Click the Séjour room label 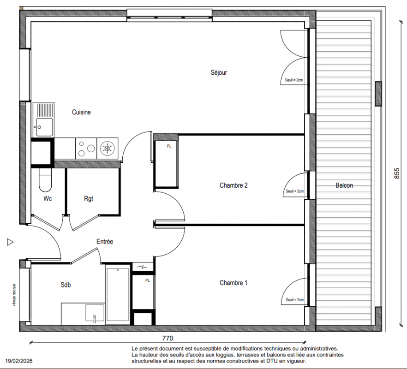[x=219, y=72]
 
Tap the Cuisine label [x=81, y=112]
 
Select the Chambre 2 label [x=233, y=185]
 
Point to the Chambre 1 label [x=233, y=283]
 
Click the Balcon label [x=344, y=185]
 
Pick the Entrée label [x=105, y=242]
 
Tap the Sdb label [x=66, y=285]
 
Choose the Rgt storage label [x=89, y=199]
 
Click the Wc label [x=48, y=198]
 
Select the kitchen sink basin [x=44, y=127]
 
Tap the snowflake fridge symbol [x=107, y=149]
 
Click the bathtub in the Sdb [x=118, y=295]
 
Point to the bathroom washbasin [x=95, y=313]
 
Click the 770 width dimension [x=168, y=339]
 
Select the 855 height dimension [x=397, y=173]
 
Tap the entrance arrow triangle [x=10, y=242]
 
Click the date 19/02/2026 [x=19, y=361]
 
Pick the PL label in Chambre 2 [x=169, y=146]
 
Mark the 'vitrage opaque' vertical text [x=14, y=295]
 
